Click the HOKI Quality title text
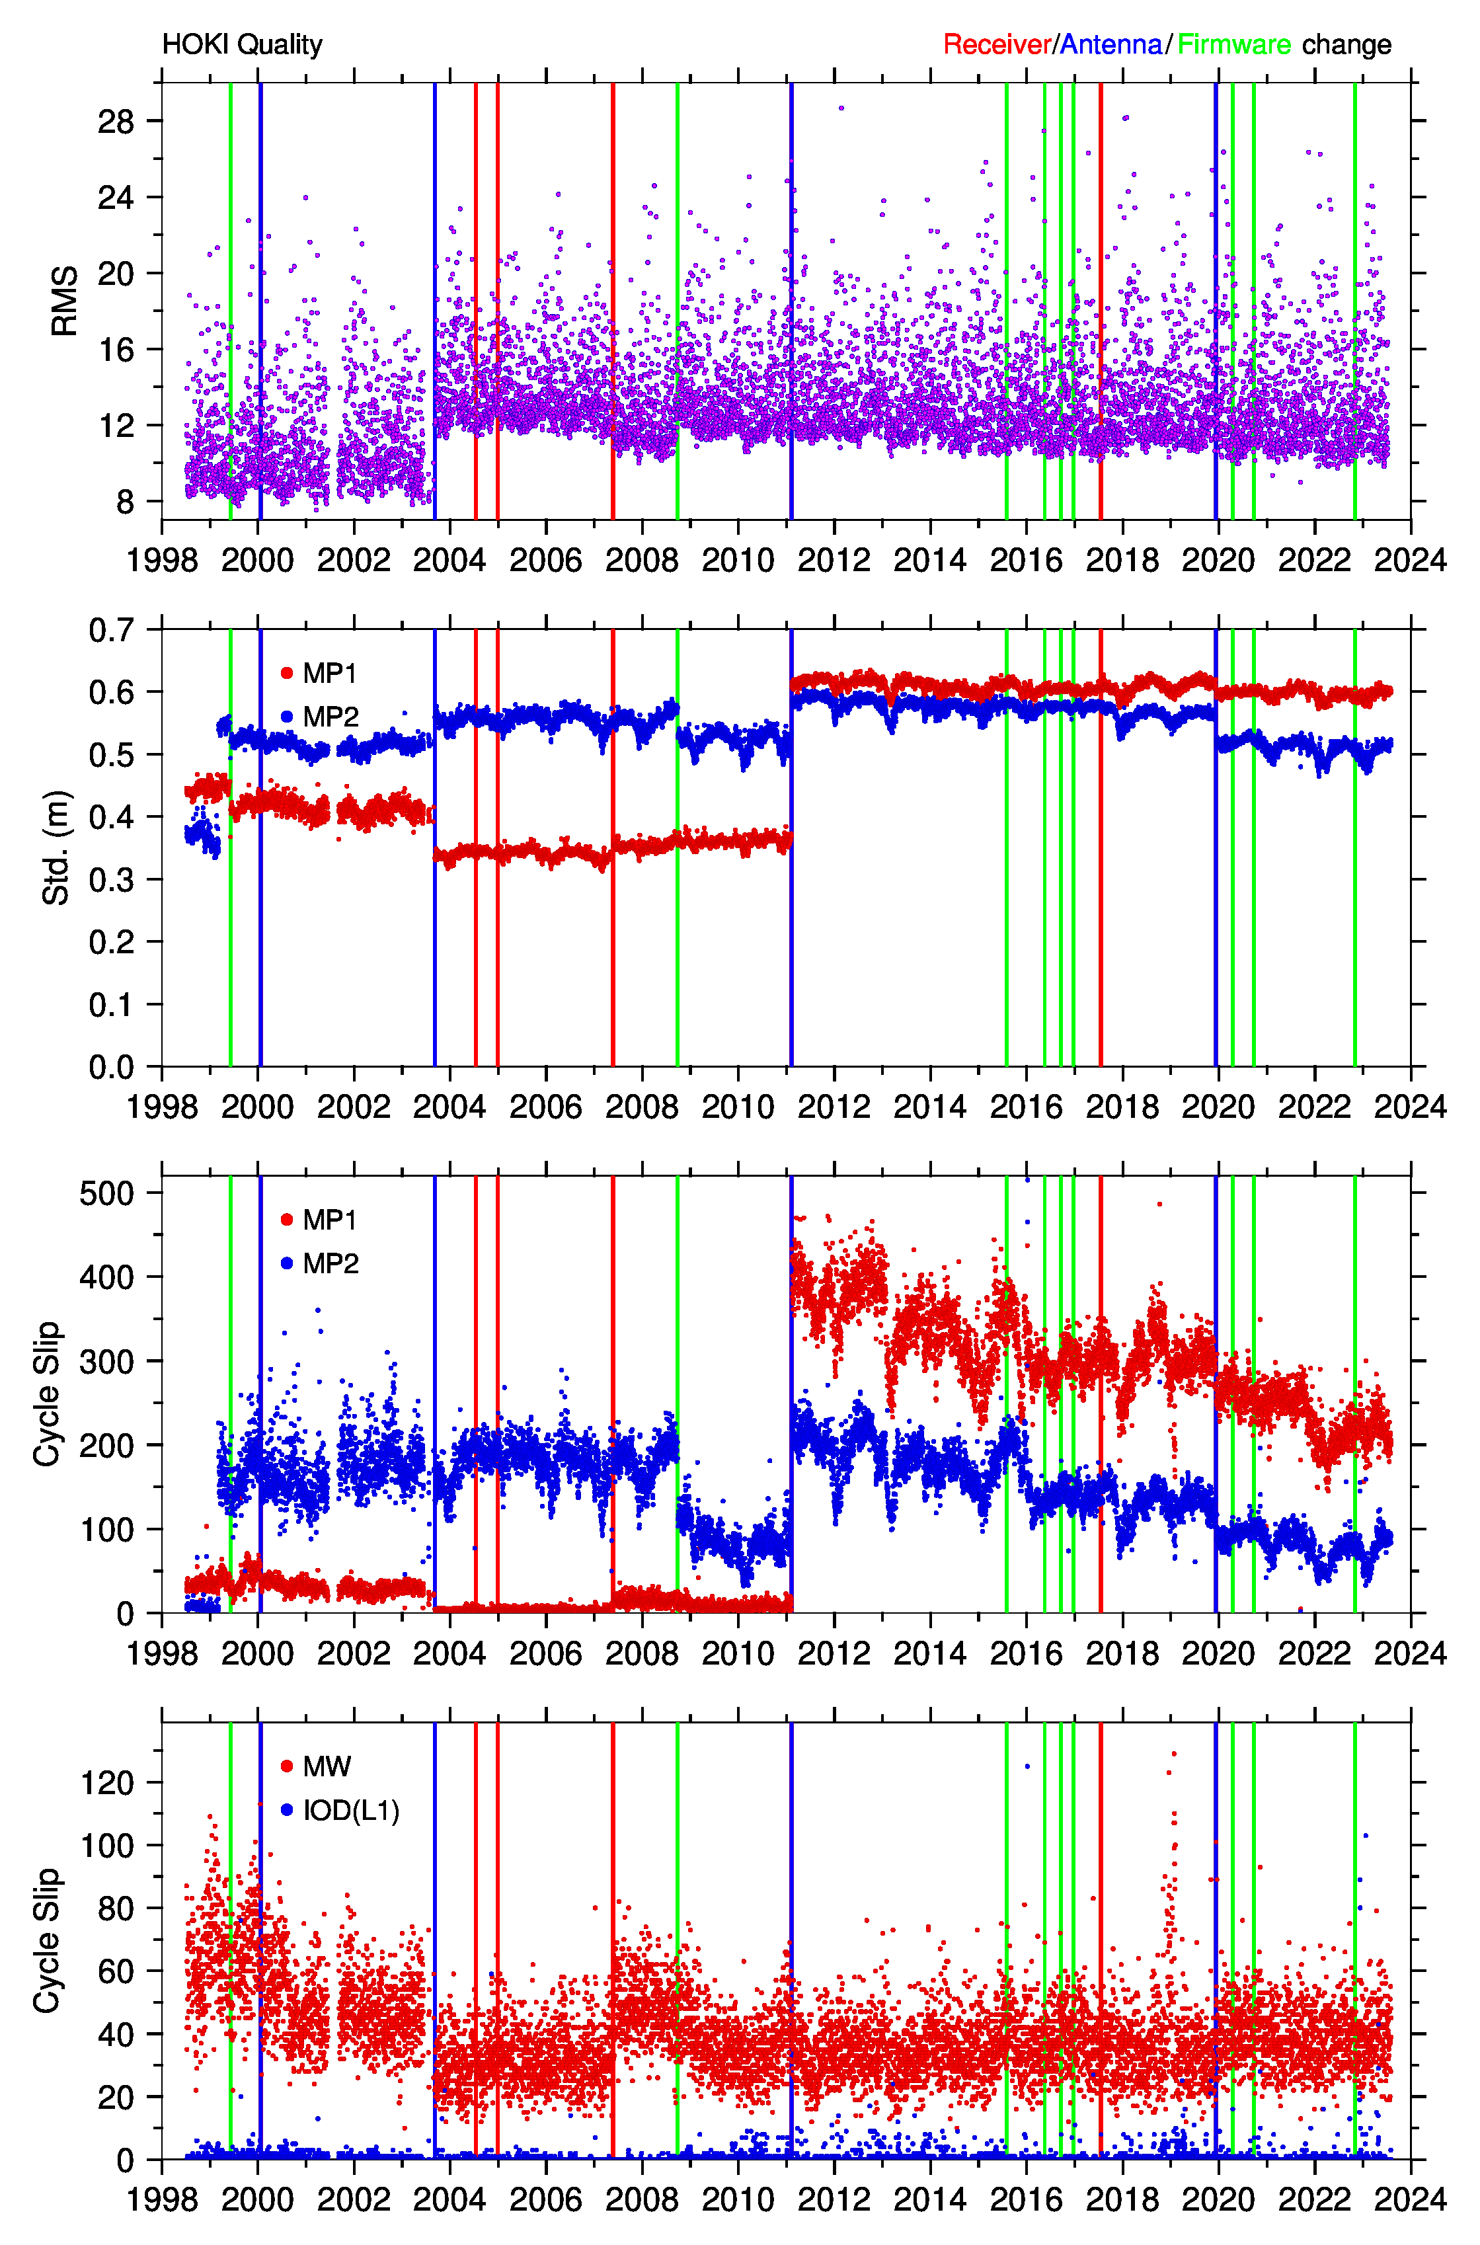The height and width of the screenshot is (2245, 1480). pos(243,44)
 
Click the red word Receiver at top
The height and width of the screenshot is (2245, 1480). pos(997,44)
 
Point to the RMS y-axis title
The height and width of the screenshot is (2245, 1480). pos(64,301)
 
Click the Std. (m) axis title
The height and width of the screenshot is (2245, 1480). pos(57,847)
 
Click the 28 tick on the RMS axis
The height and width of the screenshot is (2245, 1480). pos(116,121)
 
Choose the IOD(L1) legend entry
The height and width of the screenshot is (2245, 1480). pos(340,1811)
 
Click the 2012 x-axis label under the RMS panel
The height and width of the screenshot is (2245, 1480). pos(834,560)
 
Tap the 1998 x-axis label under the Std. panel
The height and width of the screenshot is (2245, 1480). pos(163,1106)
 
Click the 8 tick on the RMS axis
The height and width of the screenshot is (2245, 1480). pos(126,502)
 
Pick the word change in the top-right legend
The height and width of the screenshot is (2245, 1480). pos(1347,44)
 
